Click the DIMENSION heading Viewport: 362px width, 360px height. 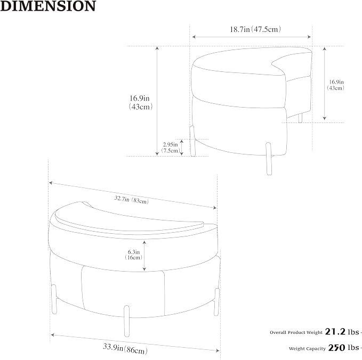pos(48,6)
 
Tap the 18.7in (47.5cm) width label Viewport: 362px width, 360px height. pos(255,29)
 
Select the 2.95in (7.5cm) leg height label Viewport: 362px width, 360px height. pos(171,148)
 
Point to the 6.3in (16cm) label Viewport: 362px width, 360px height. pos(134,255)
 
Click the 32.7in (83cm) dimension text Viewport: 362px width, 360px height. pos(132,200)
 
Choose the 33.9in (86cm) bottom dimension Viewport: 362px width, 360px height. pos(125,348)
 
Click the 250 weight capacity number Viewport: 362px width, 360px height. pos(336,348)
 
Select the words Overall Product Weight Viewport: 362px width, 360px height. pos(296,332)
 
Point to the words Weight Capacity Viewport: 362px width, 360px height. pos(307,348)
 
